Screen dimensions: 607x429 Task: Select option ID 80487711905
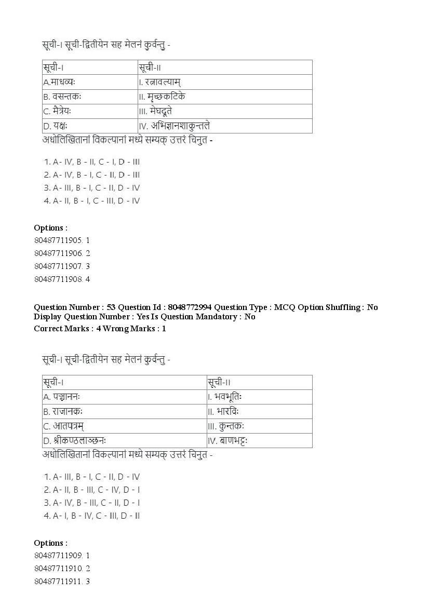tap(61, 240)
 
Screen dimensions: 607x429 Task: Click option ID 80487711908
tap(61, 279)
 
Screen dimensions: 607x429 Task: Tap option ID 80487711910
tap(61, 569)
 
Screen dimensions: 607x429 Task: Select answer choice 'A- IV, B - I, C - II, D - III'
tap(97, 175)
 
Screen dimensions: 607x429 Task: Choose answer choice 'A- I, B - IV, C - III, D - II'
tap(97, 516)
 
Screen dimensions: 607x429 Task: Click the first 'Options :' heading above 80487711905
tap(51, 227)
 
